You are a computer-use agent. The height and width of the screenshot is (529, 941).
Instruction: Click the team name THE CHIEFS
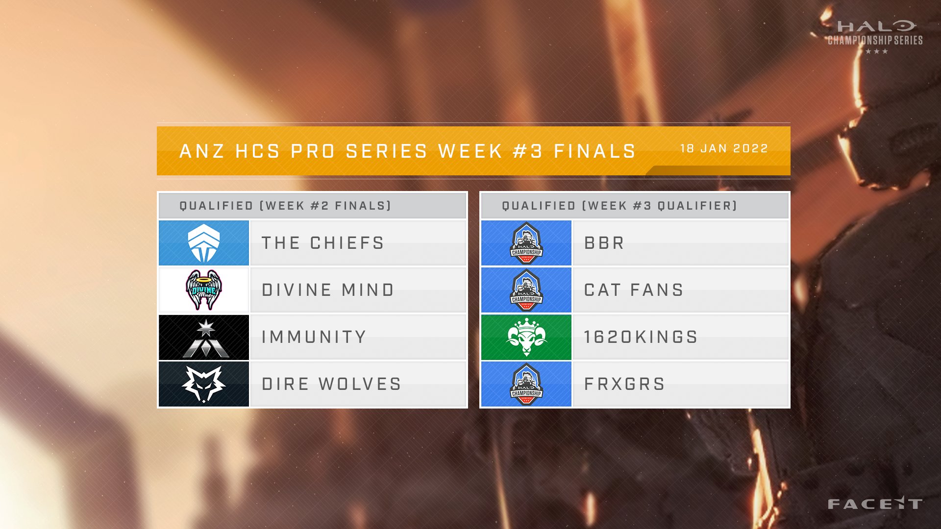pos(323,243)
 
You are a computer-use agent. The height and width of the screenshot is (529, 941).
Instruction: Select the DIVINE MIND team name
pos(328,290)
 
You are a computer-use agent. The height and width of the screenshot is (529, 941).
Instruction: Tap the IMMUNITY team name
pos(314,337)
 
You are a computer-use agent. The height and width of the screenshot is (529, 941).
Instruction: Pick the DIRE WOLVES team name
pos(332,384)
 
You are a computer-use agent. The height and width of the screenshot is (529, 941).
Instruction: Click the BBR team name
pos(604,243)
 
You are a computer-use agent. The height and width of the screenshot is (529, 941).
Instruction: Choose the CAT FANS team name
pos(634,290)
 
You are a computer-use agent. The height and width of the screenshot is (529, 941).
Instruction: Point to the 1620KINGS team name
pos(641,337)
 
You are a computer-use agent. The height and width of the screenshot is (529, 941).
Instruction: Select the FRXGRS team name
pos(624,384)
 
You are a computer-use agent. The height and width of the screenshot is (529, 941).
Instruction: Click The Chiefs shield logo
pos(204,243)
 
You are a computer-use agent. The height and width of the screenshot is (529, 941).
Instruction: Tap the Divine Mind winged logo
pos(204,290)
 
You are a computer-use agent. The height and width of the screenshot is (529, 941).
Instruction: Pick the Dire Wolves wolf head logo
pos(204,385)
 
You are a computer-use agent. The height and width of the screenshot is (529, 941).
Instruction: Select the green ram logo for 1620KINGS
pos(526,337)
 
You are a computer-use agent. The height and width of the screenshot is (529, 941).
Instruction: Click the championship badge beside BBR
pos(526,243)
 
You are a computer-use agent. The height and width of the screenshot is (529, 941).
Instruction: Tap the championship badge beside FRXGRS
pos(526,384)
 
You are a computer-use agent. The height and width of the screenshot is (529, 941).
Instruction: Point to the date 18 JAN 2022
pos(724,148)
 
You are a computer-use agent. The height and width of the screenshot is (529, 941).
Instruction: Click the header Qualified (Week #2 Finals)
pos(285,206)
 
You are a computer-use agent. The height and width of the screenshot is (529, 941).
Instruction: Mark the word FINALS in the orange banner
pos(594,151)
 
